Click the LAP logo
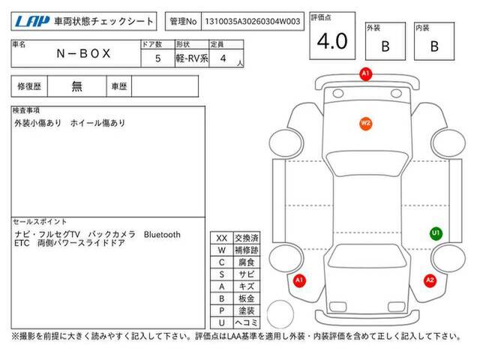(32, 22)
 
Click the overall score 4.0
(332, 41)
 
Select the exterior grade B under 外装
(385, 46)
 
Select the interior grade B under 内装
(434, 46)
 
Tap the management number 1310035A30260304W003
(253, 22)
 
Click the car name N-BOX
(83, 53)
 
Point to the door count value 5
(158, 58)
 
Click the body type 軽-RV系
(192, 58)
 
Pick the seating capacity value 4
(223, 58)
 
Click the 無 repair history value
(76, 86)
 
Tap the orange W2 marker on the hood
(365, 124)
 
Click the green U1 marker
(436, 233)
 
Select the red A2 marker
(430, 280)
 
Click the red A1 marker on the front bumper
(366, 73)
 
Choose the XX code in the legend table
(222, 238)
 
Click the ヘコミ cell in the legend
(247, 322)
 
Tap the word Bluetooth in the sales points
(162, 235)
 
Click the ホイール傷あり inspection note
(98, 123)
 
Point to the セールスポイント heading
(40, 222)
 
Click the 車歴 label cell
(119, 86)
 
